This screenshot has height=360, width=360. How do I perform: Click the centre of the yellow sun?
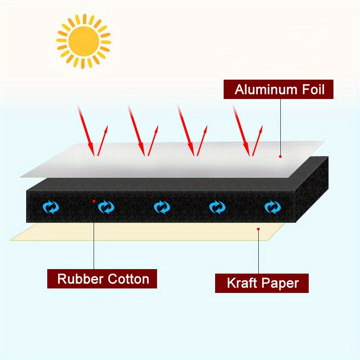click(84, 41)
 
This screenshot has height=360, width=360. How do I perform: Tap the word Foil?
click(311, 89)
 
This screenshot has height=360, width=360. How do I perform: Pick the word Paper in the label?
click(282, 283)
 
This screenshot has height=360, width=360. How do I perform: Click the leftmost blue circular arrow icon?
click(51, 207)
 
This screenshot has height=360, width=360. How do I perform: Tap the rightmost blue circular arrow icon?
click(272, 207)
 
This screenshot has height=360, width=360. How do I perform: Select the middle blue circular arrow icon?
click(162, 207)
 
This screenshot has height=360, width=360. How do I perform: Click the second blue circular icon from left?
click(106, 207)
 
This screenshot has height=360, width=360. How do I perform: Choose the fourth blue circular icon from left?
click(217, 207)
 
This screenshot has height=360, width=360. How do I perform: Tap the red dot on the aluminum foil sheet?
click(280, 157)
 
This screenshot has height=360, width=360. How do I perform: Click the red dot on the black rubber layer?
click(94, 201)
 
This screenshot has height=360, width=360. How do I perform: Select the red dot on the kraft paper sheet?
click(259, 229)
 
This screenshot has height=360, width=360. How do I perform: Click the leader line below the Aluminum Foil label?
click(280, 126)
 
